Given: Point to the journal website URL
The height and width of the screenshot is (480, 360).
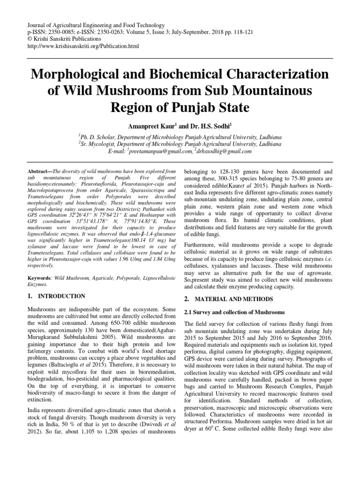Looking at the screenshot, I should (x=84, y=46).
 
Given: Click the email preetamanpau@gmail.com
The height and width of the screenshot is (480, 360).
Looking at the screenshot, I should (x=159, y=151).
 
